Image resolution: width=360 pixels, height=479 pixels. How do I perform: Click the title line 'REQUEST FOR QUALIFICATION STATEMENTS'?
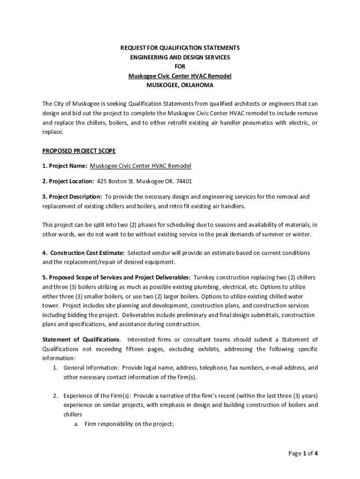[180, 48]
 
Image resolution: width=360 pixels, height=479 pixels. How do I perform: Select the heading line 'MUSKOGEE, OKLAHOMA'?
[180, 85]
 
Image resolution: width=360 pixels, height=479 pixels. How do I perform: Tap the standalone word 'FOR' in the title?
[180, 66]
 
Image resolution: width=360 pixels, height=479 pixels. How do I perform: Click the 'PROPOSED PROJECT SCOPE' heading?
[79, 151]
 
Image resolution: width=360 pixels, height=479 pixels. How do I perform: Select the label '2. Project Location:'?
[68, 181]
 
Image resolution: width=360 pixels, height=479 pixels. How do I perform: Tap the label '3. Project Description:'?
[72, 197]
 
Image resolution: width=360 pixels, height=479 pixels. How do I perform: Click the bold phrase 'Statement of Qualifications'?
[81, 340]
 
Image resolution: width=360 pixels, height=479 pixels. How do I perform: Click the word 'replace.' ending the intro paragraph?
[52, 132]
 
